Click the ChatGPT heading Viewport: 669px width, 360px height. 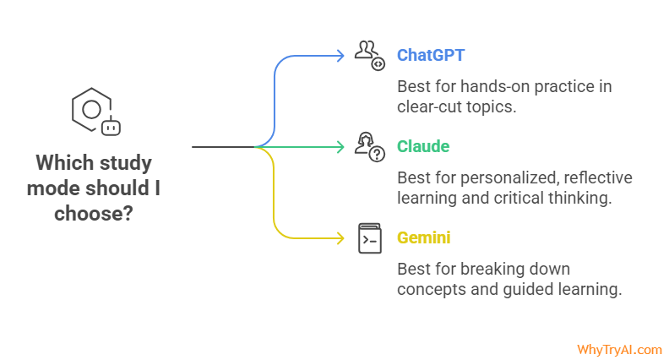pos(431,56)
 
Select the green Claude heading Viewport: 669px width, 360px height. pos(423,146)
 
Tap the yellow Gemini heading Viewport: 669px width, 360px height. pos(423,237)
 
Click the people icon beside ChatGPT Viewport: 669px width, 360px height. pos(369,55)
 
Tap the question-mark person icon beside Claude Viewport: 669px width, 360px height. pos(370,146)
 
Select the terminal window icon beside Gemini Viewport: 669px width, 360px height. pos(369,238)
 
